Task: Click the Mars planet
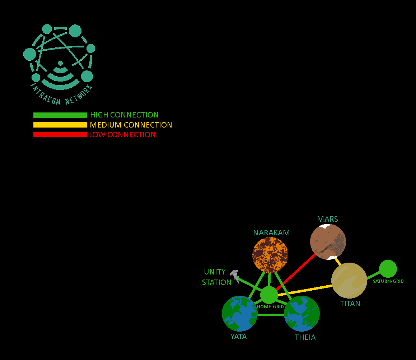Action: point(328,241)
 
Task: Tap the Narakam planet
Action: point(270,255)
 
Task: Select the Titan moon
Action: point(349,280)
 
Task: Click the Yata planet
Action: point(239,313)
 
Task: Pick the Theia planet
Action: point(302,313)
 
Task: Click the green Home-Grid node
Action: point(269,295)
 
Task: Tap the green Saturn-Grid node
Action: point(388,268)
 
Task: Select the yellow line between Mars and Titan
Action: point(337,260)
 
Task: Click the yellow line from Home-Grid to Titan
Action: point(305,290)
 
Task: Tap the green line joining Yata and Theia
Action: point(271,315)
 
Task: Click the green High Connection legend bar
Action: point(60,115)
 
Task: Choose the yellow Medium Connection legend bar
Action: point(60,125)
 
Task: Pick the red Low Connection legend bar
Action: point(60,135)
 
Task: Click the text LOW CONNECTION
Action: point(122,135)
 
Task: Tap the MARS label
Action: point(327,219)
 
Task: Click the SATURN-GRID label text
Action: point(388,281)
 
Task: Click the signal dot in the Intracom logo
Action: point(60,63)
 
